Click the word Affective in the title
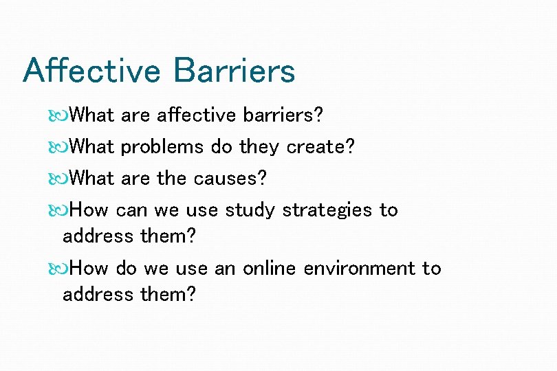[91, 71]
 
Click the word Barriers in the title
[234, 71]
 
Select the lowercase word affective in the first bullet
[196, 115]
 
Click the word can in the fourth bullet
[131, 210]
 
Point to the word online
[270, 268]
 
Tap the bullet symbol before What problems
[58, 147]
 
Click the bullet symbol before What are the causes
[58, 179]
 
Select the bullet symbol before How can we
[58, 210]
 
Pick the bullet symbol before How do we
[58, 269]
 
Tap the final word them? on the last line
[168, 294]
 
